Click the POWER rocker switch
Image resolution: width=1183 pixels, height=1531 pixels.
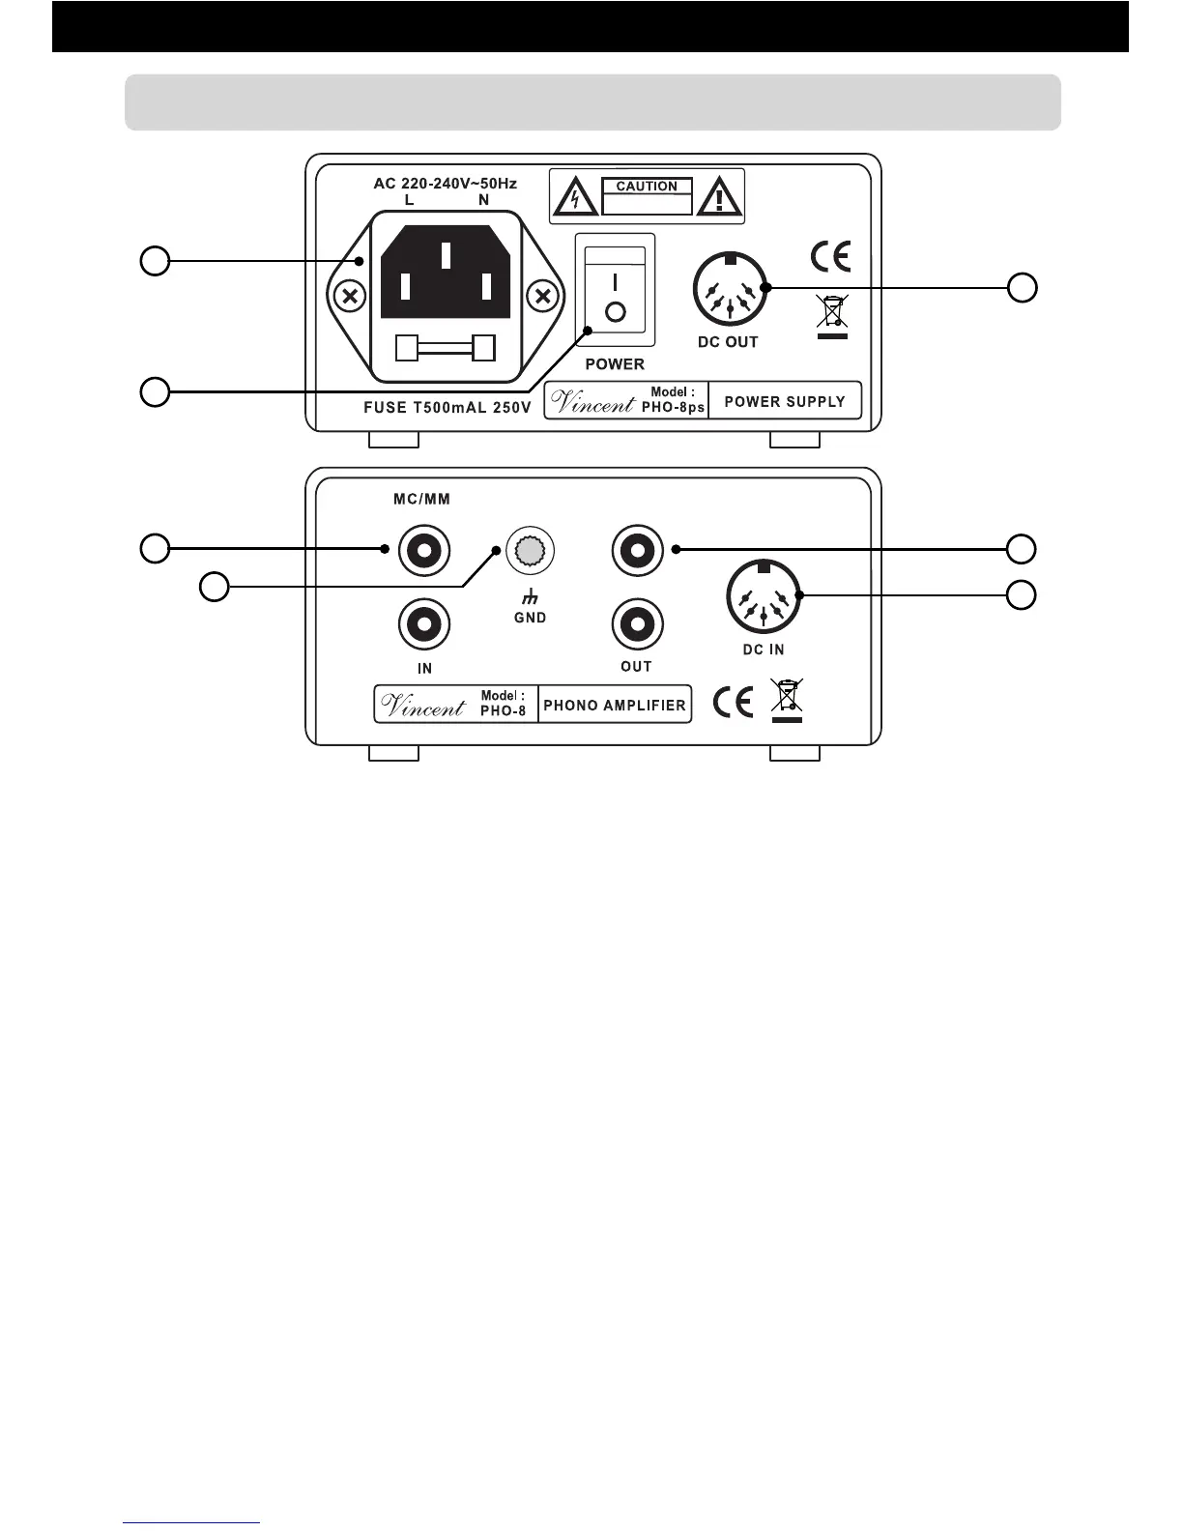(616, 290)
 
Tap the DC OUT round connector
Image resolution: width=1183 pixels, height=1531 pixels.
(729, 290)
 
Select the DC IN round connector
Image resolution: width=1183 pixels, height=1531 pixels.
(764, 597)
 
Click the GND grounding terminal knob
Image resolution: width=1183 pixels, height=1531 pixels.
(530, 550)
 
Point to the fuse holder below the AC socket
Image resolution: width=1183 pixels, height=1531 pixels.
(446, 347)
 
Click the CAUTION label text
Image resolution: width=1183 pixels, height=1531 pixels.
(647, 187)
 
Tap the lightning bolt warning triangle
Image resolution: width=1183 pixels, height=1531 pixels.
(575, 198)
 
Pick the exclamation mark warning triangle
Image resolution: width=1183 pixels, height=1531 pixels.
(717, 198)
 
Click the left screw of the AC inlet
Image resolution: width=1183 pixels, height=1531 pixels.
(351, 296)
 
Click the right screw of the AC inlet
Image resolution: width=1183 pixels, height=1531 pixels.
(544, 296)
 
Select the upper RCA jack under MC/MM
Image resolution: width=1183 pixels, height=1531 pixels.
(423, 551)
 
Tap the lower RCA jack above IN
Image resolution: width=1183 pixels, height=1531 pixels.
(423, 624)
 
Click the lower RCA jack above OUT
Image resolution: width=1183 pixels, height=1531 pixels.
(638, 624)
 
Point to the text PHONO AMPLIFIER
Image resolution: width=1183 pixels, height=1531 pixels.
(615, 705)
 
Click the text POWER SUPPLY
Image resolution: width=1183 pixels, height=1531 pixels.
(784, 401)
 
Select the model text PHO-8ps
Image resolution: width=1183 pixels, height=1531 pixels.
(673, 408)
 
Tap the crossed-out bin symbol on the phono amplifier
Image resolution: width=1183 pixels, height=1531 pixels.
(787, 700)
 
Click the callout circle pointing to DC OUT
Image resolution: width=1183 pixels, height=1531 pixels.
(1023, 287)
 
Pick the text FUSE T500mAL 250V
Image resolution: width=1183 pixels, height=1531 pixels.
(447, 408)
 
